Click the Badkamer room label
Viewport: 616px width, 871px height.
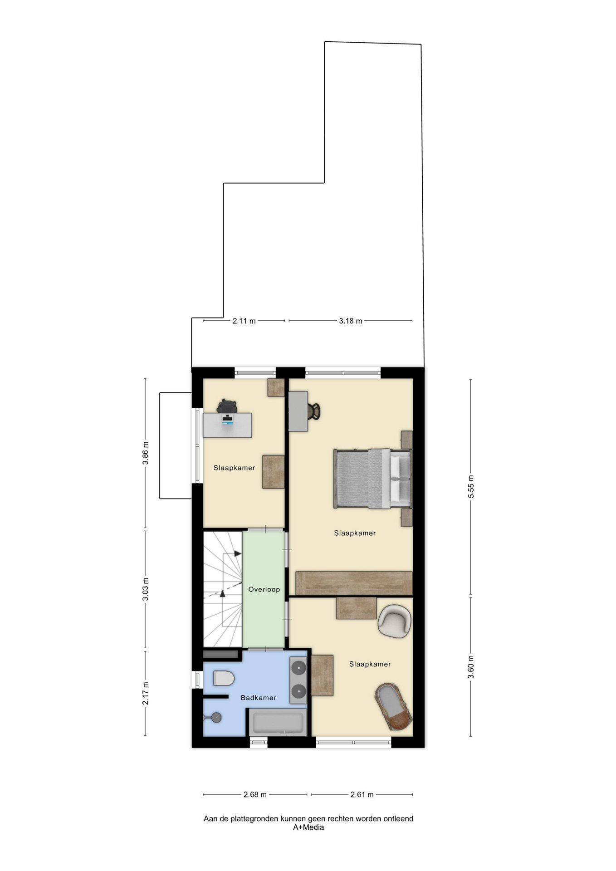pos(258,698)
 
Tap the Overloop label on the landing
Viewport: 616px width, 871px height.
pos(264,589)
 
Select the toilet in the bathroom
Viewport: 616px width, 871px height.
pos(224,678)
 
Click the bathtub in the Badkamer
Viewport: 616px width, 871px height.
pos(277,723)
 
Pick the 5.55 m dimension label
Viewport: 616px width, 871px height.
pos(471,487)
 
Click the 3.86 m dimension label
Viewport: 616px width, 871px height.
pos(145,453)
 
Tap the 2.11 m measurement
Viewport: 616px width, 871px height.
pos(244,321)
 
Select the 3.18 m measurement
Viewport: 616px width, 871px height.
pos(351,321)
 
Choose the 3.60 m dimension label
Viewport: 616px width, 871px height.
pos(471,667)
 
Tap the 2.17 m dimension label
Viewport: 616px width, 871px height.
pos(145,693)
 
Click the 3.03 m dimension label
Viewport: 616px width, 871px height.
pos(145,589)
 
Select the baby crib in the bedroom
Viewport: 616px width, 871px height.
pos(393,707)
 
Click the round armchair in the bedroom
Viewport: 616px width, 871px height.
pos(395,621)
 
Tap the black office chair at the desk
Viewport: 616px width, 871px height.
pos(227,406)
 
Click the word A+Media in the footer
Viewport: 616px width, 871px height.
pos(308,827)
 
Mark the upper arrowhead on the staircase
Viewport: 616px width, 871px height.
pos(237,553)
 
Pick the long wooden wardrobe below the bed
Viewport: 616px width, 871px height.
pos(354,583)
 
